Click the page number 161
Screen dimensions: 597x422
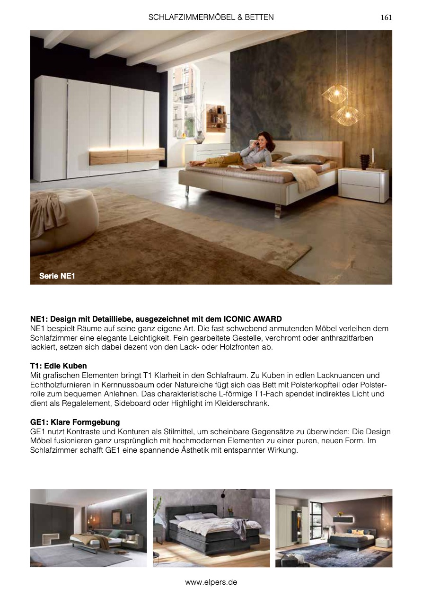(386, 18)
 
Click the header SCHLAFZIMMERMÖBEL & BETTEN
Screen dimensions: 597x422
(211, 18)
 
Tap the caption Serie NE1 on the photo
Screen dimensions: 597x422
(57, 276)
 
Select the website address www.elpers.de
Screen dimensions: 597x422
(211, 582)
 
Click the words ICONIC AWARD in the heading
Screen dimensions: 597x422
(253, 319)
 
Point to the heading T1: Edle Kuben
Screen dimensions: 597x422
(58, 366)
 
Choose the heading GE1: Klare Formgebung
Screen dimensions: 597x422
(75, 422)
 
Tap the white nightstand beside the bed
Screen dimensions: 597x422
(363, 185)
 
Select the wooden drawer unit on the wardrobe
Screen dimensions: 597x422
(127, 156)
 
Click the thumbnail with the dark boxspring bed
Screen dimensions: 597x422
(211, 528)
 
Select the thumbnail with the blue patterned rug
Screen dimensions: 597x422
(334, 528)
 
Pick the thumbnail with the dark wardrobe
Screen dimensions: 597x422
(88, 528)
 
